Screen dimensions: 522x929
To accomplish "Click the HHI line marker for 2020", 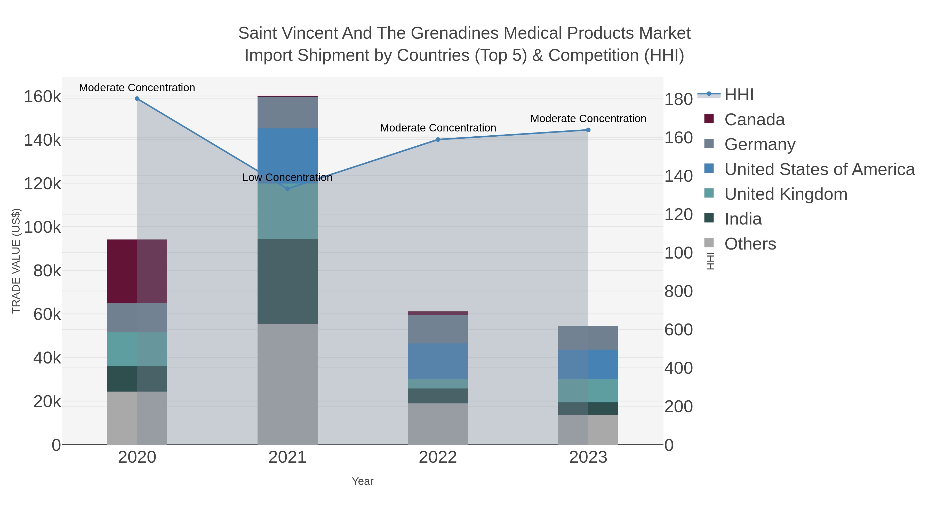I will click(x=137, y=99).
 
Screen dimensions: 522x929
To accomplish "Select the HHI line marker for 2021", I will click(x=287, y=189).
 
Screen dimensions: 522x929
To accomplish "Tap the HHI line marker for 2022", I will click(x=438, y=139).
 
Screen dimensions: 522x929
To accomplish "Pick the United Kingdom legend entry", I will click(x=786, y=194).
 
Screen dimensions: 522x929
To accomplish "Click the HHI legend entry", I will click(x=739, y=95).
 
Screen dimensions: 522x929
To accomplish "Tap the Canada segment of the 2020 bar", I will click(x=137, y=271).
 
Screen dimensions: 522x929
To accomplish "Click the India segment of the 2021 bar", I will click(x=287, y=281).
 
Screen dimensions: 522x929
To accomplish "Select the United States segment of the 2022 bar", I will click(x=438, y=361).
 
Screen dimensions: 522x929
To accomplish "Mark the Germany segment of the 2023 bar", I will click(x=588, y=338).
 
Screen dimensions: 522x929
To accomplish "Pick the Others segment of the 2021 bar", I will click(x=287, y=384).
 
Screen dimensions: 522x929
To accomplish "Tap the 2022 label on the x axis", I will click(x=438, y=458).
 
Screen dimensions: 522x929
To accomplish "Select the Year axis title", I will click(x=363, y=481).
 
